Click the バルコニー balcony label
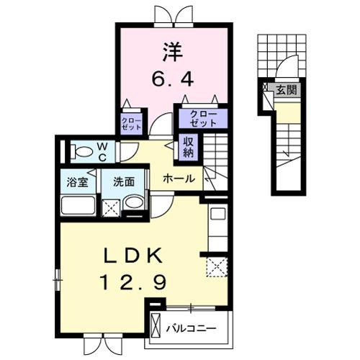tap(191, 329)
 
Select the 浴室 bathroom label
tap(78, 181)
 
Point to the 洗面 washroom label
tap(123, 181)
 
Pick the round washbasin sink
tap(133, 204)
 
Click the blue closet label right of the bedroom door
tap(203, 117)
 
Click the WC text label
tap(102, 151)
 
